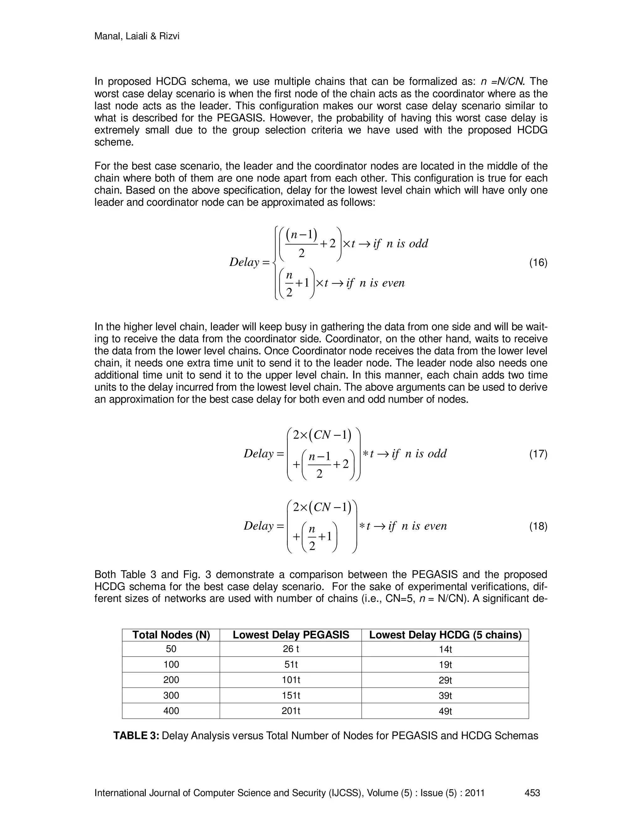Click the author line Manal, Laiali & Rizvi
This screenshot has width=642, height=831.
[137, 36]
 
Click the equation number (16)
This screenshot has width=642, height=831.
[538, 262]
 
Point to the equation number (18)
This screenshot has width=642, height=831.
[538, 526]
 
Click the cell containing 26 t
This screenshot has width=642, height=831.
[291, 649]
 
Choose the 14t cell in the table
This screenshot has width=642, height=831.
[445, 649]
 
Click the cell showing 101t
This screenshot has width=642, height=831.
[291, 680]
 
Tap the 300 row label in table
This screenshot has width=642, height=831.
[171, 695]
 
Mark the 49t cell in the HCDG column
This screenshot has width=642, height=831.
[445, 711]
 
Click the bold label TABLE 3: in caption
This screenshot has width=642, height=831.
[136, 735]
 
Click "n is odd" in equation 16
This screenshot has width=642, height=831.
[407, 244]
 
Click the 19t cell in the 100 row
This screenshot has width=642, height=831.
[445, 664]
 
